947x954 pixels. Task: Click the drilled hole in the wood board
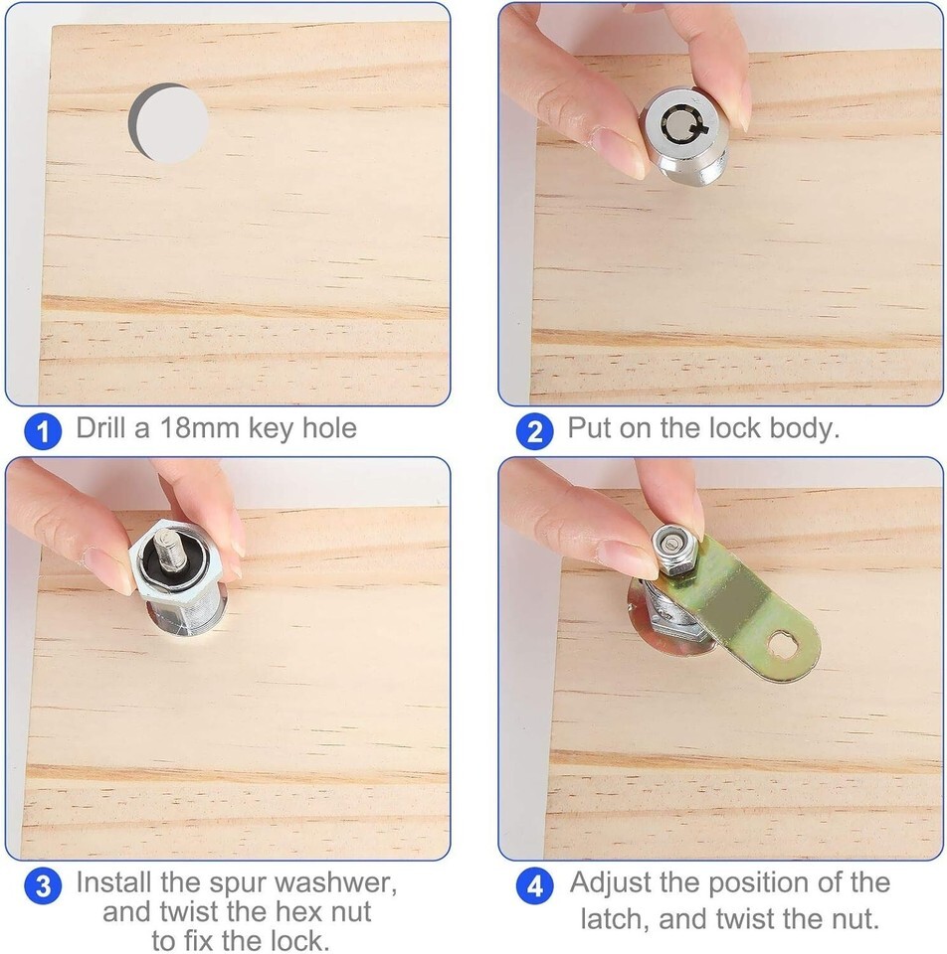click(169, 123)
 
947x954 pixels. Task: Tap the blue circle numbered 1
click(43, 431)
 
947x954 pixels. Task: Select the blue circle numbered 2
click(534, 431)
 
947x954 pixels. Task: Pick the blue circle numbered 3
click(43, 885)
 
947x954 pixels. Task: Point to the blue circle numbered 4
click(534, 885)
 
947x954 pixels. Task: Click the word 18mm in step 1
click(199, 427)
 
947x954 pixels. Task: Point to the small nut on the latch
click(672, 552)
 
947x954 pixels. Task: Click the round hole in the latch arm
click(781, 645)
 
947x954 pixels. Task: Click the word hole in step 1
click(329, 427)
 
